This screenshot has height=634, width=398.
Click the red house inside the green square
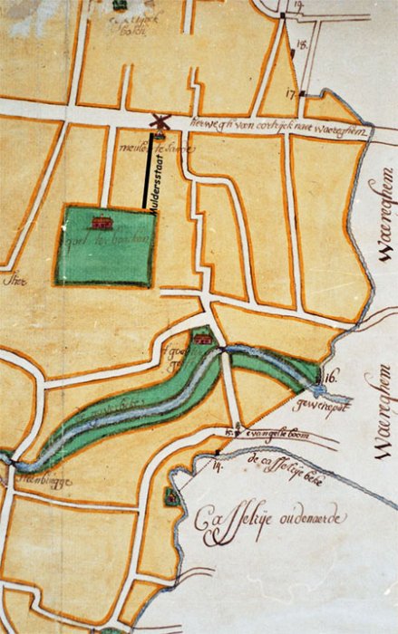click(101, 221)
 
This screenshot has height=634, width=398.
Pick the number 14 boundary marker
click(218, 467)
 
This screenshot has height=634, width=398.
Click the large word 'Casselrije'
click(237, 524)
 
